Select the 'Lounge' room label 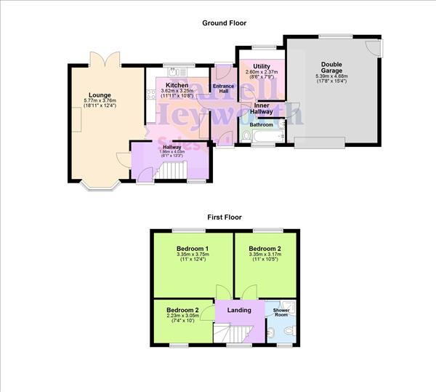pos(100,95)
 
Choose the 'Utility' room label pos(262,66)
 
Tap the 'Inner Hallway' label pos(262,108)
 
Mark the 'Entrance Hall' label pos(223,89)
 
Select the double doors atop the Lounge pos(100,59)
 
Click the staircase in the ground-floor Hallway pos(174,171)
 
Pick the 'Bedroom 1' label pos(193,249)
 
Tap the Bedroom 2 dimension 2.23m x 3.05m pos(182,316)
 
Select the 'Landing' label pos(239,310)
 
